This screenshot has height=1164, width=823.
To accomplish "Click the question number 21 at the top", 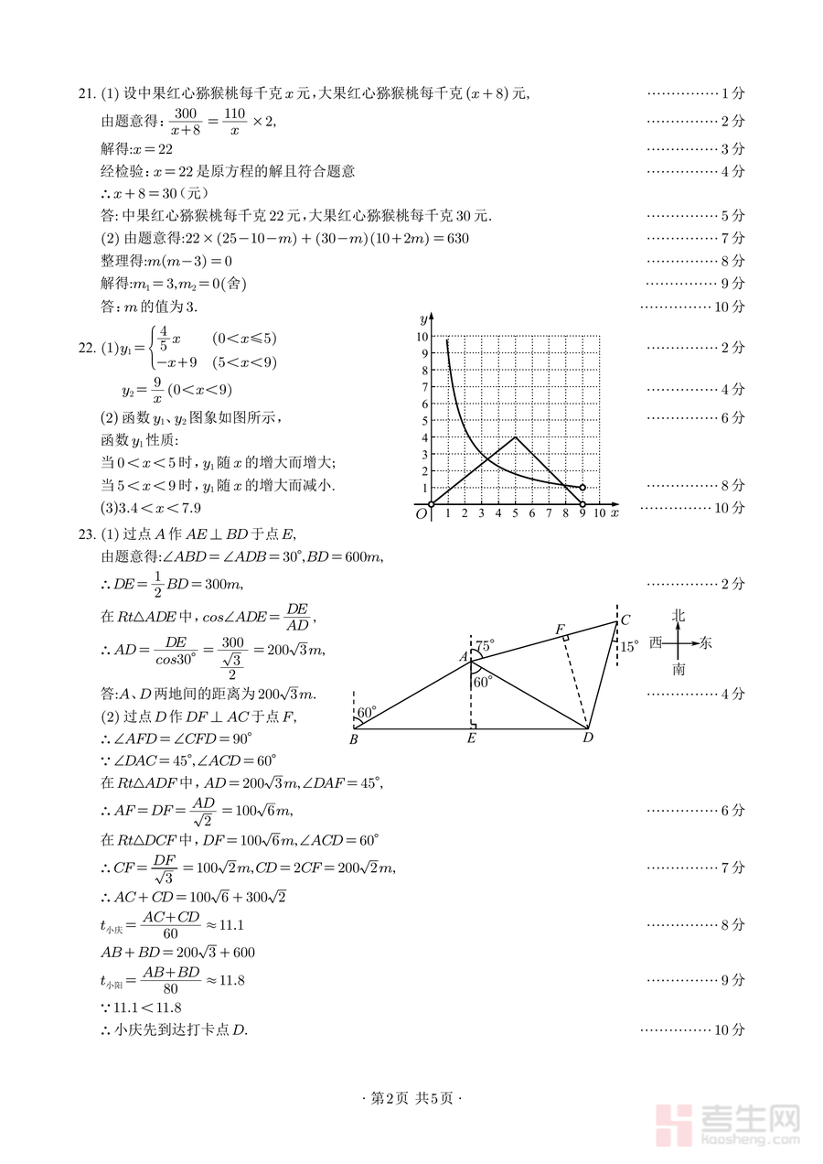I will tap(86, 93).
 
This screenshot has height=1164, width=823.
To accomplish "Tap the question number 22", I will tap(86, 348).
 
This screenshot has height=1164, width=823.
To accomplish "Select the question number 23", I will tap(86, 535).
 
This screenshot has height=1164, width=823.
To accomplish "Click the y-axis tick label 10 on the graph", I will tap(422, 337).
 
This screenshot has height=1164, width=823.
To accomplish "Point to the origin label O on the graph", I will tap(422, 514).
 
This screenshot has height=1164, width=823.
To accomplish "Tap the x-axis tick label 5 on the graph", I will tap(516, 514).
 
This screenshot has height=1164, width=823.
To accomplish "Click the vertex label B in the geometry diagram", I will tap(354, 739).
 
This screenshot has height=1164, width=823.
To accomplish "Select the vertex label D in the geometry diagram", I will tap(588, 738).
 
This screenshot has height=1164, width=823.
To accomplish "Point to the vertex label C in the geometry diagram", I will tap(625, 620).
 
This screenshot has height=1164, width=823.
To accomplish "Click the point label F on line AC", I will tap(560, 630).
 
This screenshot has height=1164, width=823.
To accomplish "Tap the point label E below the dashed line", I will tap(470, 738).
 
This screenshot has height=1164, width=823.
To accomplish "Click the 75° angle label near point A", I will tap(485, 646).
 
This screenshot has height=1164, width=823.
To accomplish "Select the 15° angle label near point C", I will tap(630, 647).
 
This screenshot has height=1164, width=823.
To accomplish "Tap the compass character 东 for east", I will tap(705, 643).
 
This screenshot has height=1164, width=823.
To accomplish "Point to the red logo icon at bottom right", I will tap(675, 1124).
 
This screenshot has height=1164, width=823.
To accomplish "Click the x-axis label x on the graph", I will tap(615, 513).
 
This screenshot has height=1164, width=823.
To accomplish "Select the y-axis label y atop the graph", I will tap(422, 318).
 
